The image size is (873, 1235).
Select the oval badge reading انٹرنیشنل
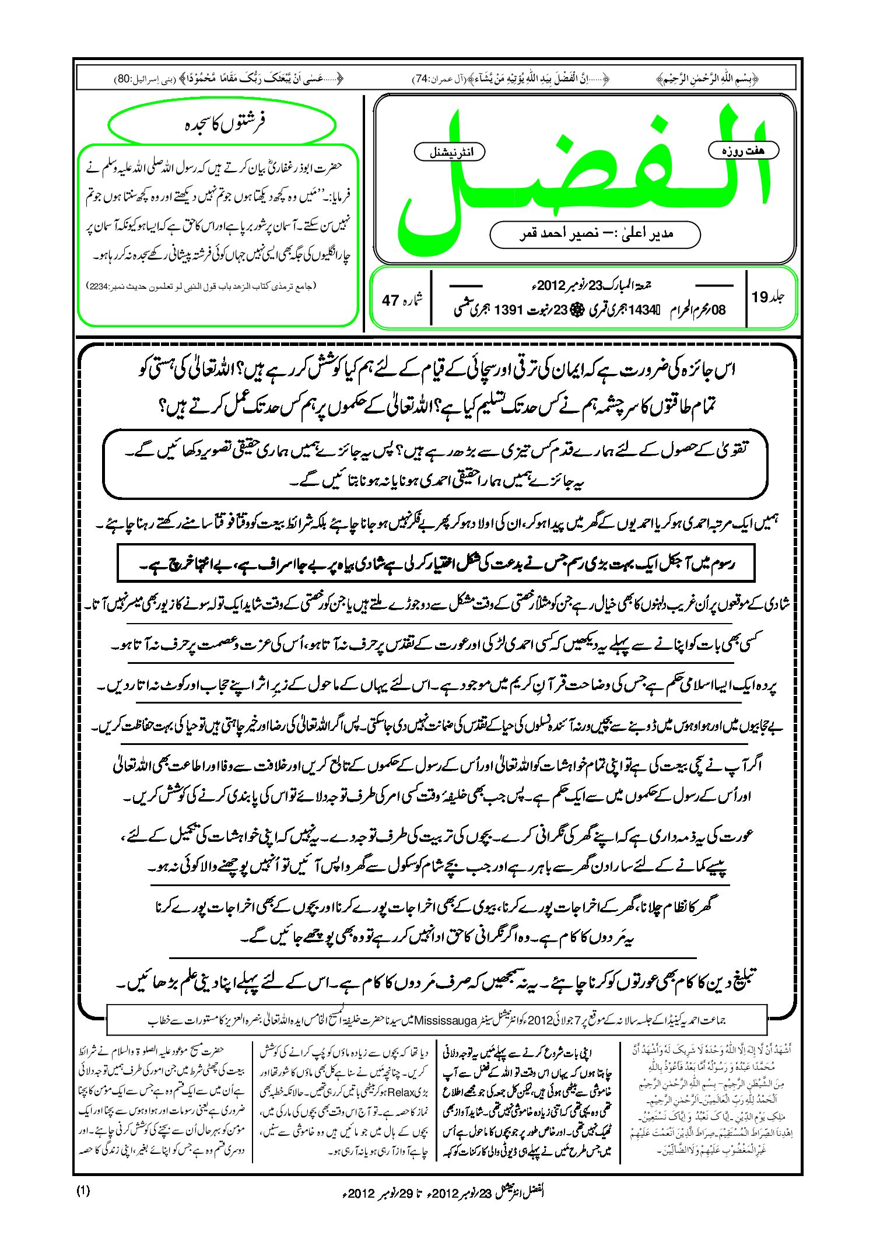450,152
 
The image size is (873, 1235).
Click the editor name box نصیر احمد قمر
595,234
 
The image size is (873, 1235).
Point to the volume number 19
760,298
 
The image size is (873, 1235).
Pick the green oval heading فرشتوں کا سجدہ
223,124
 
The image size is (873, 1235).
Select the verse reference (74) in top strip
422,79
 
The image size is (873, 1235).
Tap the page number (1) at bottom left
83,1191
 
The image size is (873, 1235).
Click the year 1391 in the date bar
511,310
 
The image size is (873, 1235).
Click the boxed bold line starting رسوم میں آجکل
436,564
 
